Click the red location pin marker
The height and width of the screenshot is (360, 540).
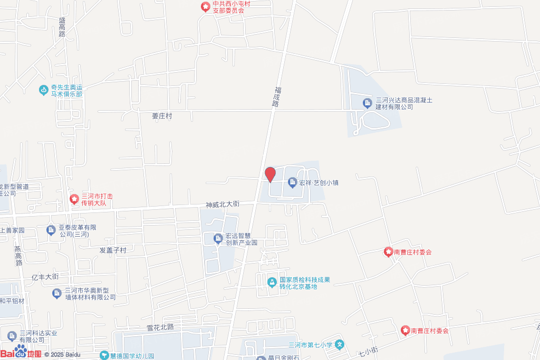point(270,174)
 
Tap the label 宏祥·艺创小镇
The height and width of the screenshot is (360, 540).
point(319,183)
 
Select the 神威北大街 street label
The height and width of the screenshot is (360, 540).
point(223,204)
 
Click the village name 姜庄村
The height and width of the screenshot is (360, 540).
point(162,116)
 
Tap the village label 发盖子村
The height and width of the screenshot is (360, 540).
point(113,250)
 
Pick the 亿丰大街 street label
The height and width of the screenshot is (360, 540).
point(45,277)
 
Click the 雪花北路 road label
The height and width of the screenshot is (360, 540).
point(160,327)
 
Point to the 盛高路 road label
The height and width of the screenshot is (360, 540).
point(62,26)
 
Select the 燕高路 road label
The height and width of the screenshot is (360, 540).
point(18,255)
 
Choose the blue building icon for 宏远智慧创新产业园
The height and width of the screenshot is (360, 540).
point(218,239)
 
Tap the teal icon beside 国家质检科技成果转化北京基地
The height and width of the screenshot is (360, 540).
point(272,283)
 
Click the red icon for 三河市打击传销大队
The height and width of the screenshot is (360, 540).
point(74,199)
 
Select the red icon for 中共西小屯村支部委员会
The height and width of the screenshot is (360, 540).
point(205,7)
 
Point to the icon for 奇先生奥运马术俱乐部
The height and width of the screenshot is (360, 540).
point(44,90)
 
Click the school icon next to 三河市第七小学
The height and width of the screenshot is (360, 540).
point(340,345)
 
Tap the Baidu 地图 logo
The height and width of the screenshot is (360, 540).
point(21,353)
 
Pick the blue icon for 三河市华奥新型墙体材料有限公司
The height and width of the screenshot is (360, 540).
point(57,293)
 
